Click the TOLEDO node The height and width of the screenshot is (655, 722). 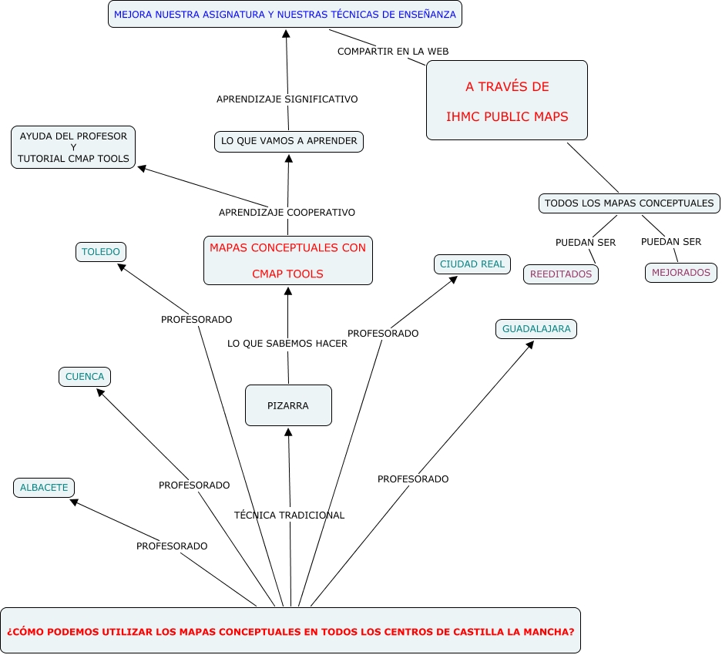pos(101,252)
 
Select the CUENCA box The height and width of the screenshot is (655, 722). pos(85,377)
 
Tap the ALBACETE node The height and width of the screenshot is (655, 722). pos(44,488)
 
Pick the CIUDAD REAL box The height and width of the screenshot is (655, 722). pos(472,264)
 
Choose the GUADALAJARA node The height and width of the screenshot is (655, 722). pos(536,329)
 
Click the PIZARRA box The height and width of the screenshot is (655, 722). pos(288,405)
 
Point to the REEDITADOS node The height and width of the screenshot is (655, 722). pos(561,274)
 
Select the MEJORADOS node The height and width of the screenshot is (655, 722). pos(681,273)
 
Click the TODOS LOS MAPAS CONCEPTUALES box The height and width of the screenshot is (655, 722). pos(629,203)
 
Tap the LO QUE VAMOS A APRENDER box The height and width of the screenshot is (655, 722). pos(289,141)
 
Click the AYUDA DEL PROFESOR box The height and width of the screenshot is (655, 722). pos(73,147)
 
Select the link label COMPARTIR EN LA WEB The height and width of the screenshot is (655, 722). pos(393,51)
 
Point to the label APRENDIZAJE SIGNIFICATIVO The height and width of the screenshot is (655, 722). pos(287,99)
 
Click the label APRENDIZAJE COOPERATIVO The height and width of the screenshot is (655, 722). pos(287,212)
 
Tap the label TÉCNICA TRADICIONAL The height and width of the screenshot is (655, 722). pos(289,515)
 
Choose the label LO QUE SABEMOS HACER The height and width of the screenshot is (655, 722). pos(287,344)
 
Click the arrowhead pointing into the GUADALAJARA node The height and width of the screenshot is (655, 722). pos(529,346)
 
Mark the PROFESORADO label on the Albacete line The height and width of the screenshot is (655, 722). pos(172,546)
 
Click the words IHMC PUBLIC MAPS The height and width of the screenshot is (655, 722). pos(507,117)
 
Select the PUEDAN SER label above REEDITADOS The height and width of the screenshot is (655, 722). pos(586,242)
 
